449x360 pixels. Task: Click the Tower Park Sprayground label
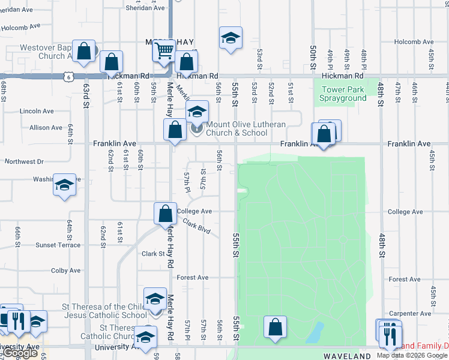342,94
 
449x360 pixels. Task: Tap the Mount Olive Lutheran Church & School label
245,128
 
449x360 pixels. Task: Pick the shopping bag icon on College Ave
165,214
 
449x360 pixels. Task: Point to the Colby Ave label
65,271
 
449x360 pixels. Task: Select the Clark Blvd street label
197,227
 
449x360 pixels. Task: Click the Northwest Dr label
24,162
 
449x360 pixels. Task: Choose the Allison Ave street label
46,128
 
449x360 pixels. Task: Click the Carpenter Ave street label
411,314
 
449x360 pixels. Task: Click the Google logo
20,353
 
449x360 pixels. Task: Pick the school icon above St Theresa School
155,298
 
